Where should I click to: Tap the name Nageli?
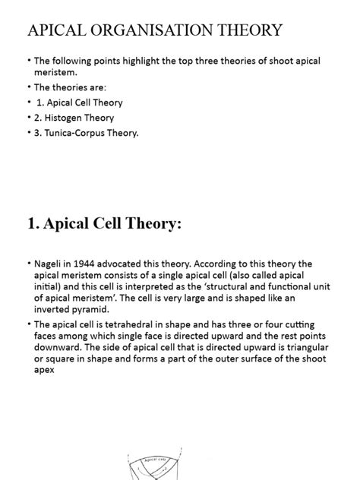click(50, 264)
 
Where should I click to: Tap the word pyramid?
click(88, 309)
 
